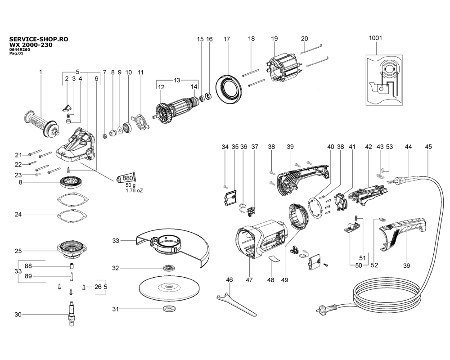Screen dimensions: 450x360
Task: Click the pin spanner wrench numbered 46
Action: point(235,304)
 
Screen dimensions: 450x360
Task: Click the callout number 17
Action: point(227,39)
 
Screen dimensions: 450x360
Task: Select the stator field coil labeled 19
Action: point(283,69)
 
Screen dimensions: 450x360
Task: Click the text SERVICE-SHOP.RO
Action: point(39,39)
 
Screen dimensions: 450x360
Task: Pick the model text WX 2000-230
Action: point(31,45)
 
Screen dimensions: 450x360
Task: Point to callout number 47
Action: point(249,279)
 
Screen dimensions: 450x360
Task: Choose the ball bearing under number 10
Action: point(127,127)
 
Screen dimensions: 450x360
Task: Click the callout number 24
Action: point(18,214)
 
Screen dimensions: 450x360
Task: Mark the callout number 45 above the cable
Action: point(428,147)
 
